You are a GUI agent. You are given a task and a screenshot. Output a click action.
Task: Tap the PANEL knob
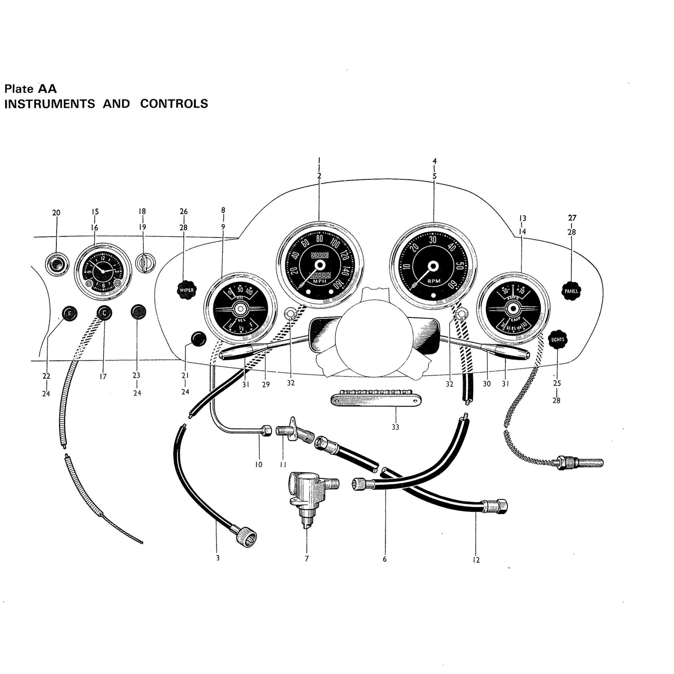571,291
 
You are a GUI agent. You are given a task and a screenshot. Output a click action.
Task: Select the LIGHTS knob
558,339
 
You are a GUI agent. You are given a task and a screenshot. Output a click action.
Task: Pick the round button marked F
69,314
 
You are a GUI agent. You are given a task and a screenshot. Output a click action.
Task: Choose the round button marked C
104,313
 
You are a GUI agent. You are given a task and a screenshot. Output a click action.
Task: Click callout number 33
395,427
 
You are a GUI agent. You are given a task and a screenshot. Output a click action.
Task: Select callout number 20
56,213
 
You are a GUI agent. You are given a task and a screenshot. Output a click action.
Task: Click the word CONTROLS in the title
174,104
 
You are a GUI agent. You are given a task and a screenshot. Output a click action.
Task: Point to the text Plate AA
30,89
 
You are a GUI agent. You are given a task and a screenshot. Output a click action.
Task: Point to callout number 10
258,464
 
